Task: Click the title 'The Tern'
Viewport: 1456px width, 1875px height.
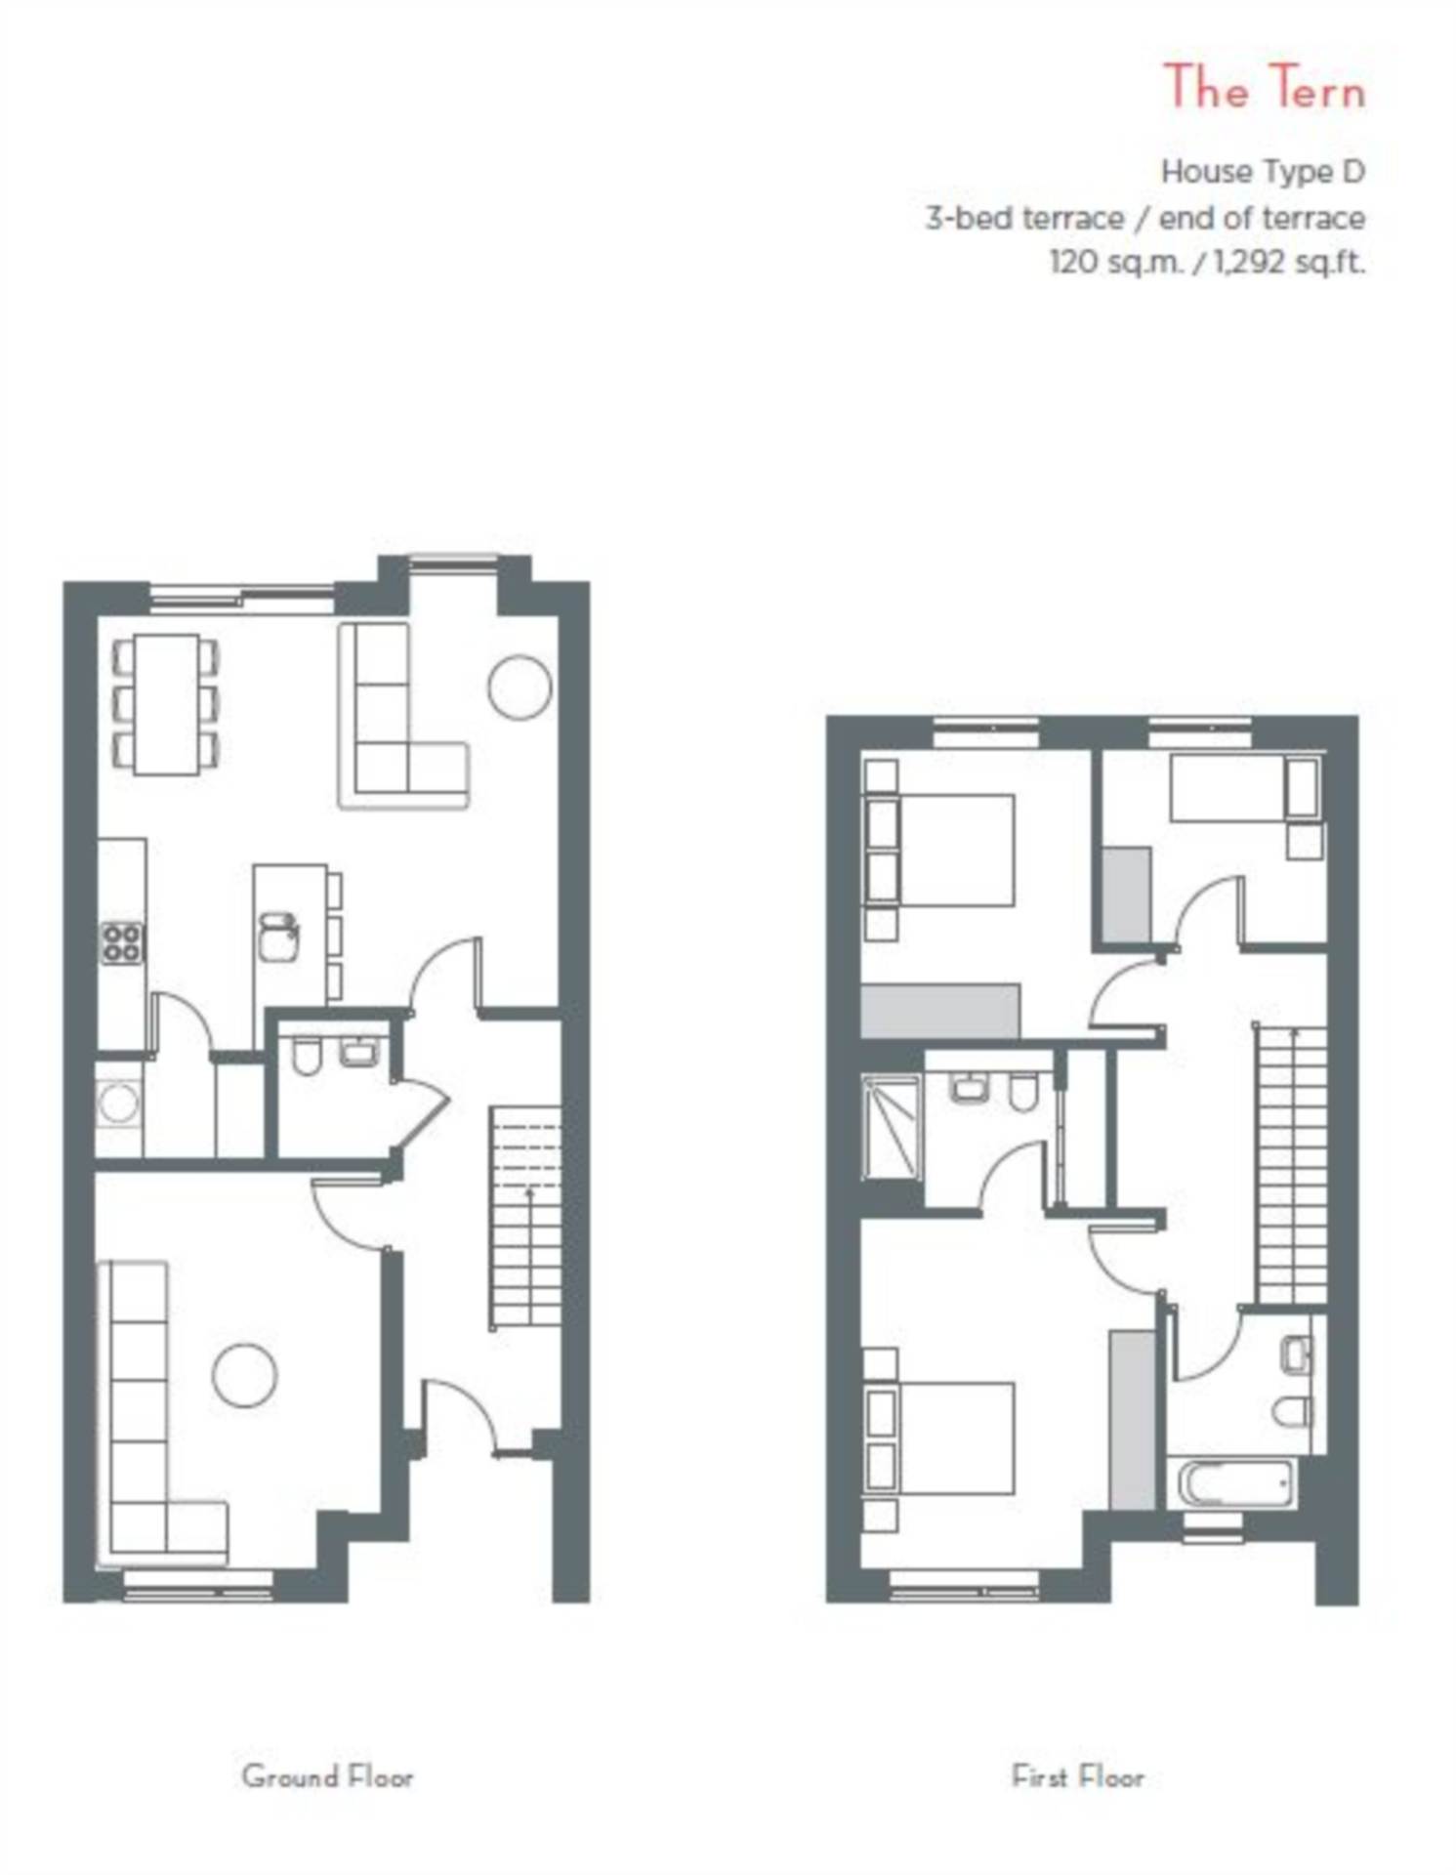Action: click(1264, 88)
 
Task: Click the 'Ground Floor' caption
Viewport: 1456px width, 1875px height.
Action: click(327, 1776)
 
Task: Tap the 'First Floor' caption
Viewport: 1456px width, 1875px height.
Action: click(1077, 1776)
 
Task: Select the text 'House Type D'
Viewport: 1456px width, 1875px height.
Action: click(1262, 172)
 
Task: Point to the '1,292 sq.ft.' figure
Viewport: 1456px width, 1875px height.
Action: click(1288, 262)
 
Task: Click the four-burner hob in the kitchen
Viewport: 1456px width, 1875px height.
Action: click(122, 943)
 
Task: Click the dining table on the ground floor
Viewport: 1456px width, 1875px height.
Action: click(166, 703)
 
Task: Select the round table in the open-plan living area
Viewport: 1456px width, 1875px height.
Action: click(520, 687)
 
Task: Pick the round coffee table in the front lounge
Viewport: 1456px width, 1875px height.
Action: click(244, 1375)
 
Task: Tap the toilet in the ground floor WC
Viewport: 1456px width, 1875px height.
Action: click(307, 1057)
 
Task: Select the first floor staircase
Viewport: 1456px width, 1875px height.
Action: click(1291, 1162)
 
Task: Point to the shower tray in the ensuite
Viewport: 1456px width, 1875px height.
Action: click(891, 1127)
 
